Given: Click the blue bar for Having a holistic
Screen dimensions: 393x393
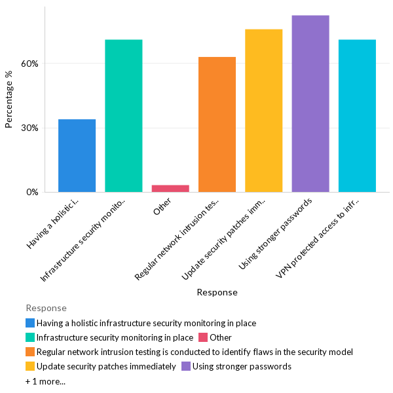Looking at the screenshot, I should pos(77,156).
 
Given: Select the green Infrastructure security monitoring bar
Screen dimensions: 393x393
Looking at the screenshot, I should pos(123,116).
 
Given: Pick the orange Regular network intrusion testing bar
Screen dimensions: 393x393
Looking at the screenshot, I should pos(217,124).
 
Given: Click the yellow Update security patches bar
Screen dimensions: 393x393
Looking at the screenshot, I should pos(263,111).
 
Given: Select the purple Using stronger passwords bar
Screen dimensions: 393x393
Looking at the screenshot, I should pos(310,103).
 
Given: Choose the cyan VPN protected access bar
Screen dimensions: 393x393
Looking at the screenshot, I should pos(357,116).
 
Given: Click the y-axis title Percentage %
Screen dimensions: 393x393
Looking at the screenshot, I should pos(9,100).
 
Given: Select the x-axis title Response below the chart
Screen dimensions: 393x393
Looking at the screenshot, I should pos(217,292).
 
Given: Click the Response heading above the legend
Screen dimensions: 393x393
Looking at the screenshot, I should pos(46,308).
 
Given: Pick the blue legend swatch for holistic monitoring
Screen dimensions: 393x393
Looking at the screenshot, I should pos(30,323).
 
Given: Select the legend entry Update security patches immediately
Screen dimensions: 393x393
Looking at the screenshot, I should pos(106,366).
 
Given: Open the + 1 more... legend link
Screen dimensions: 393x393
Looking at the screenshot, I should pos(45,381).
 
